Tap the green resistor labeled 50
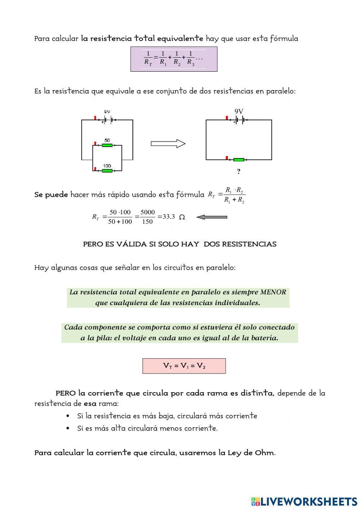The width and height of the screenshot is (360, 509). click(107, 146)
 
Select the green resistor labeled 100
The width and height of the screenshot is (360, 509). click(107, 170)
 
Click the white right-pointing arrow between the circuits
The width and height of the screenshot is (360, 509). click(168, 144)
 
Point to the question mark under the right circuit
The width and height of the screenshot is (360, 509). click(238, 171)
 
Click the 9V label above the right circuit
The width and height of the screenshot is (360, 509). click(239, 112)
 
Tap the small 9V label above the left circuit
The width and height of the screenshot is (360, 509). click(107, 112)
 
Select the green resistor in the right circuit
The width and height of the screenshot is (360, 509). click(239, 160)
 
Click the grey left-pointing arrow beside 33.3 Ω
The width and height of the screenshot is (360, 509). click(212, 217)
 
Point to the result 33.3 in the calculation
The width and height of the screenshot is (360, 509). click(168, 217)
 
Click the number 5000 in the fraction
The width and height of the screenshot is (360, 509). click(148, 213)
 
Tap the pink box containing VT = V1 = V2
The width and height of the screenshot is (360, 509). click(184, 366)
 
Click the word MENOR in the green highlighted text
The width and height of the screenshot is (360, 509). click(273, 292)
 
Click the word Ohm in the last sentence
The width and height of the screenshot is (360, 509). click(264, 453)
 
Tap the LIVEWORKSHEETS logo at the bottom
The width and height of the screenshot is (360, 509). click(304, 501)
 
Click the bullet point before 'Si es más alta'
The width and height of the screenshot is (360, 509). click(68, 428)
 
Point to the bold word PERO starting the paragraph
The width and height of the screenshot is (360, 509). click(66, 393)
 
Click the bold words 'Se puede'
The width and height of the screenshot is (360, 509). click(51, 195)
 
